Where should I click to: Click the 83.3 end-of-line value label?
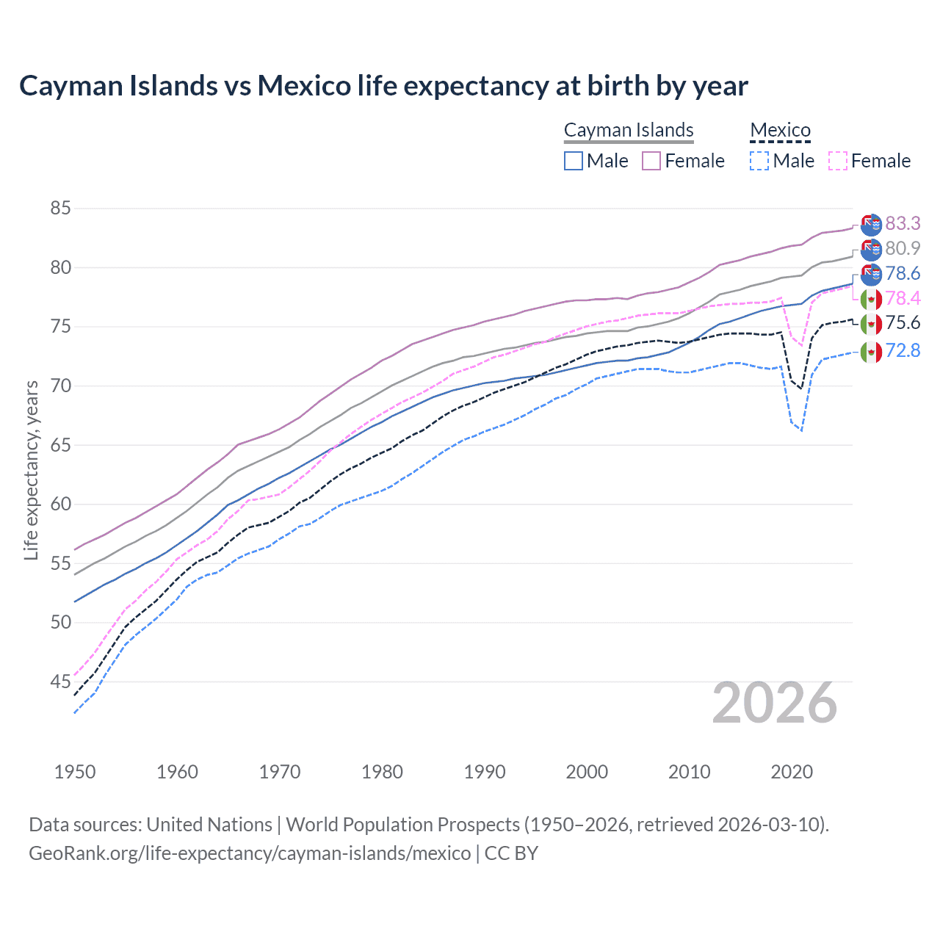coord(903,223)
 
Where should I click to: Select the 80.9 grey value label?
coord(903,248)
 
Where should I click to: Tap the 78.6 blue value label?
coord(903,274)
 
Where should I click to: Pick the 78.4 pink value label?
coord(903,298)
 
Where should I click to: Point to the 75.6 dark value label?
coord(903,323)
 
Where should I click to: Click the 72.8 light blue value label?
coord(903,350)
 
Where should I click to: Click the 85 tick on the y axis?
coord(60,209)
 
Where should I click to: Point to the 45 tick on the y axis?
coord(60,682)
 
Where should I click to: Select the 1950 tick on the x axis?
coord(75,772)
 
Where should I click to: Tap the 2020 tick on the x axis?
coord(792,772)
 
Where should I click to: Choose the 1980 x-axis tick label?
coord(382,772)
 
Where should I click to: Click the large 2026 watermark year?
coord(774,704)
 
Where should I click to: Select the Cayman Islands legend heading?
coord(629,130)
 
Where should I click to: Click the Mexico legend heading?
coord(780,130)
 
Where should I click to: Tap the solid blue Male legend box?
coord(574,161)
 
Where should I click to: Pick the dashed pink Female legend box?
coord(838,161)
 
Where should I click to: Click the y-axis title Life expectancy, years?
coord(31,470)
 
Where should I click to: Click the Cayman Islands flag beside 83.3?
coord(871,225)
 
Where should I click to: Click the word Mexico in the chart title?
coord(304,86)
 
